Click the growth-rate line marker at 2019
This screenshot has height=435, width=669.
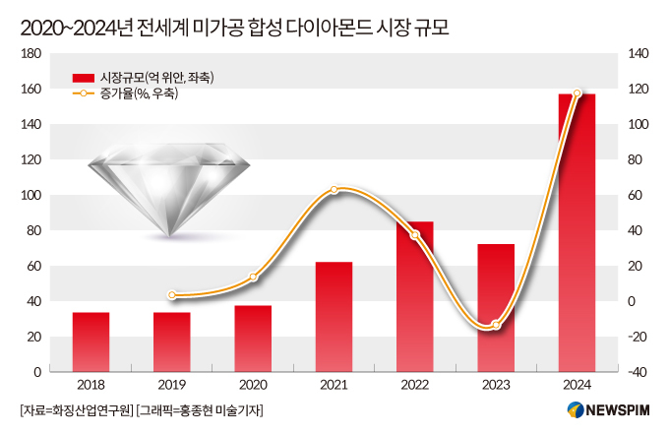(x=172, y=294)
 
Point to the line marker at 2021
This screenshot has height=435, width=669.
(x=334, y=189)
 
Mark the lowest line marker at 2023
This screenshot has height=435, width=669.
(x=496, y=325)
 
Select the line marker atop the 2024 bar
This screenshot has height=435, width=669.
(x=577, y=93)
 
